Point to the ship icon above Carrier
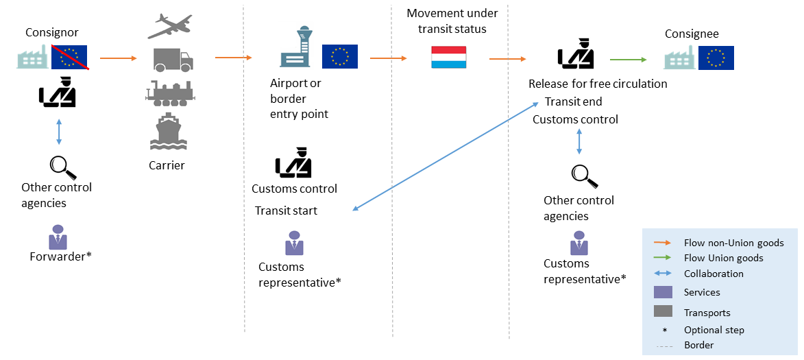(x=167, y=132)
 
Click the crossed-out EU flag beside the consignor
(x=70, y=58)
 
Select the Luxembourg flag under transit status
(x=448, y=58)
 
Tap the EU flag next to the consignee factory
(x=716, y=58)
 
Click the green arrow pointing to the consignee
(x=628, y=60)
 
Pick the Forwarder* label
(x=60, y=256)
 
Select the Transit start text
(x=286, y=211)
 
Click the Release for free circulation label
(x=597, y=84)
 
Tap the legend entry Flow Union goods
(x=722, y=258)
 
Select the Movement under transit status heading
(x=452, y=21)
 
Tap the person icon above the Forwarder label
(x=58, y=237)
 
